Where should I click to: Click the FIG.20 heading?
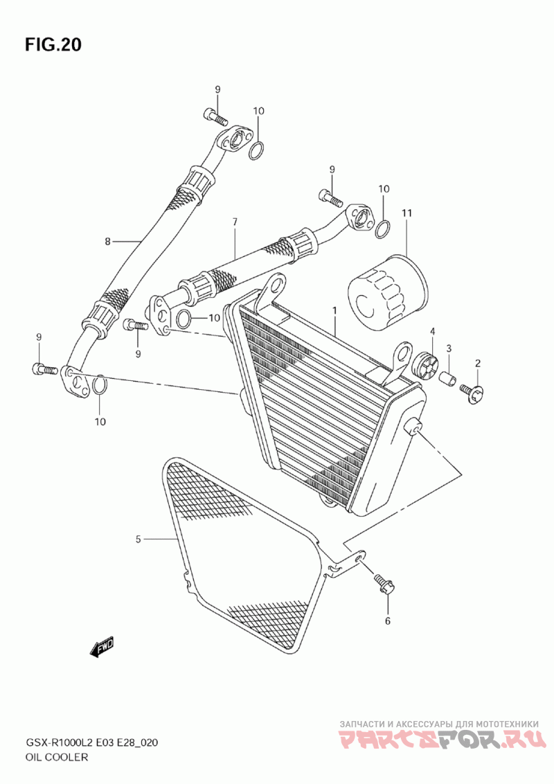coord(53,44)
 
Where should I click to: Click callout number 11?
coord(406,213)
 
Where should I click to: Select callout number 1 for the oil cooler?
coord(334,310)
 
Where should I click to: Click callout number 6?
coord(388,621)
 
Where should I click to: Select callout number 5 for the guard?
coord(138,539)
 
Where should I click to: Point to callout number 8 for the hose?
coord(107,242)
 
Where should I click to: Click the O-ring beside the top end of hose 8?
coord(256,151)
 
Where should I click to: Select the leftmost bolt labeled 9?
coord(45,370)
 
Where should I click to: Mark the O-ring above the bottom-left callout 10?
coord(99,386)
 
